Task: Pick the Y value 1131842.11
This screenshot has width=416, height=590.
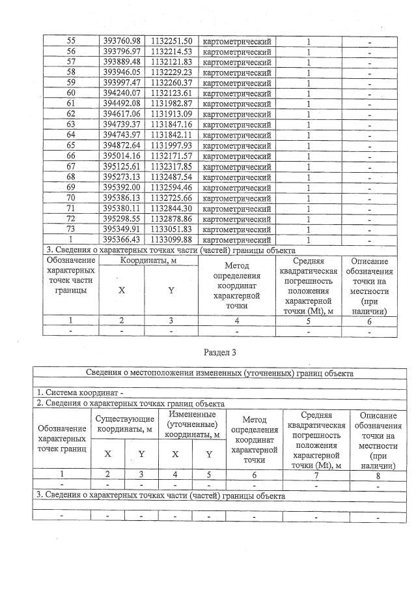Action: pos(171,135)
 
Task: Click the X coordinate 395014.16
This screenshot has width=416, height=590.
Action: pos(122,156)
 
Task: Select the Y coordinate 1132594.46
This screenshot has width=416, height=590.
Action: pos(171,187)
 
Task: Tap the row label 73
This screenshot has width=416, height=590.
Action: pos(71,229)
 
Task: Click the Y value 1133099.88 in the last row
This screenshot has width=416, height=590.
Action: pos(171,239)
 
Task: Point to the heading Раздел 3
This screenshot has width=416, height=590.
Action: pos(219,352)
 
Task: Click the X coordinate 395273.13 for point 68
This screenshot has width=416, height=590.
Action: pos(122,177)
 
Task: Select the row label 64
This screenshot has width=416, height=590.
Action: pos(71,135)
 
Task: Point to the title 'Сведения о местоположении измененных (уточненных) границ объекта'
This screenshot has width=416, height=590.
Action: pos(220,374)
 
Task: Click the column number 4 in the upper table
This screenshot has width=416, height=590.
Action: pos(237,320)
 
